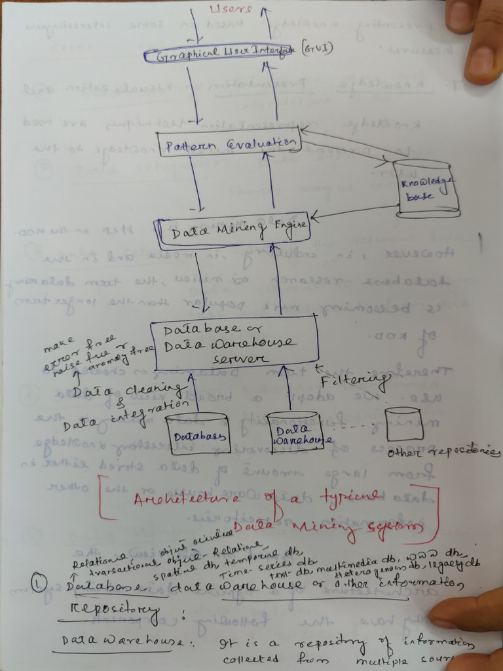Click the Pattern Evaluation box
tap(228, 144)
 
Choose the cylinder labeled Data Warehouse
tap(293, 432)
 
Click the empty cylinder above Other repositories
tap(402, 424)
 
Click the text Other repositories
tap(443, 452)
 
